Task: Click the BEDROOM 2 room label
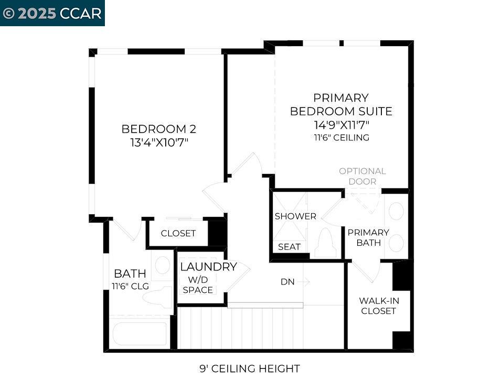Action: click(x=158, y=129)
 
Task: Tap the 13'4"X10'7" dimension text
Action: click(x=158, y=142)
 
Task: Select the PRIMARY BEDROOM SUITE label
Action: click(x=341, y=104)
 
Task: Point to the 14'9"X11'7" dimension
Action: click(x=341, y=125)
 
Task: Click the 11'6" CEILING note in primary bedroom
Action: click(x=341, y=137)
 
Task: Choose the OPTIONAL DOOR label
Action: click(x=362, y=176)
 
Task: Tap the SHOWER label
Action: click(x=295, y=216)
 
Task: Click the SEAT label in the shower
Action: click(x=289, y=246)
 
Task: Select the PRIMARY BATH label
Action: click(x=368, y=237)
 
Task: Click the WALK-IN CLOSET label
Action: click(x=377, y=305)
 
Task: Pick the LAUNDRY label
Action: click(x=208, y=267)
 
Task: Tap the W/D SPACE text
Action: click(x=198, y=285)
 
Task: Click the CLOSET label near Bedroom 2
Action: click(x=178, y=233)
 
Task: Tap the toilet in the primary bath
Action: click(x=325, y=244)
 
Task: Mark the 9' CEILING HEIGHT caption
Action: click(x=250, y=369)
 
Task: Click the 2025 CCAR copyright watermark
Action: click(x=52, y=13)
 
